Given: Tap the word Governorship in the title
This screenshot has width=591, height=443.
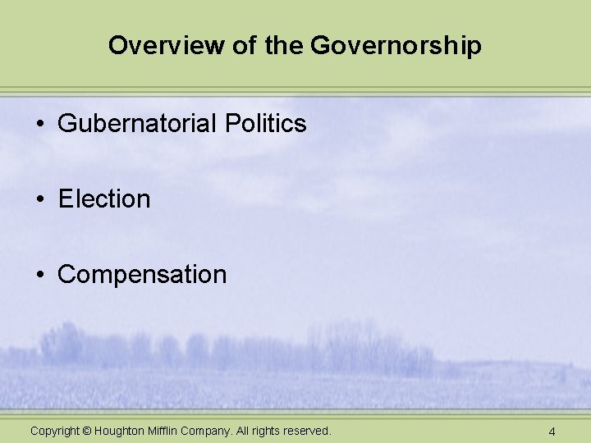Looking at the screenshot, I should pos(396,46).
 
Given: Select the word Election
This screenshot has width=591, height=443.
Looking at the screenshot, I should pos(104,199).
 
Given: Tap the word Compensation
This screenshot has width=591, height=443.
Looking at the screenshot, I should pos(142,275).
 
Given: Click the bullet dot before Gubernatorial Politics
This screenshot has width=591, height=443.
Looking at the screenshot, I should pos(39,125).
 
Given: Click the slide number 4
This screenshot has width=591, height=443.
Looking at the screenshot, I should pos(552,432).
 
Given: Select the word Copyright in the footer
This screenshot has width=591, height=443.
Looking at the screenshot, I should pos(55,431).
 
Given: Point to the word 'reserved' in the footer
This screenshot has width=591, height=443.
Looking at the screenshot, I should pos(305,431).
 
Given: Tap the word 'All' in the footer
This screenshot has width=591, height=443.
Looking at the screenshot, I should pos(243,431).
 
